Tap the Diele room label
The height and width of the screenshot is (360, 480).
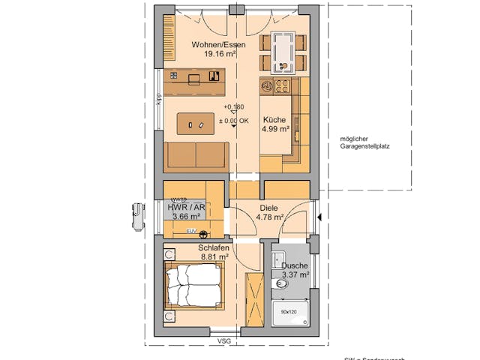click(268, 209)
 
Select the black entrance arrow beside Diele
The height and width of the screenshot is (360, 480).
click(320, 217)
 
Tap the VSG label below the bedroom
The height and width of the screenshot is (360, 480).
click(223, 341)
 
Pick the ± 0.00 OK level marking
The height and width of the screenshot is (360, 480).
click(233, 120)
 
